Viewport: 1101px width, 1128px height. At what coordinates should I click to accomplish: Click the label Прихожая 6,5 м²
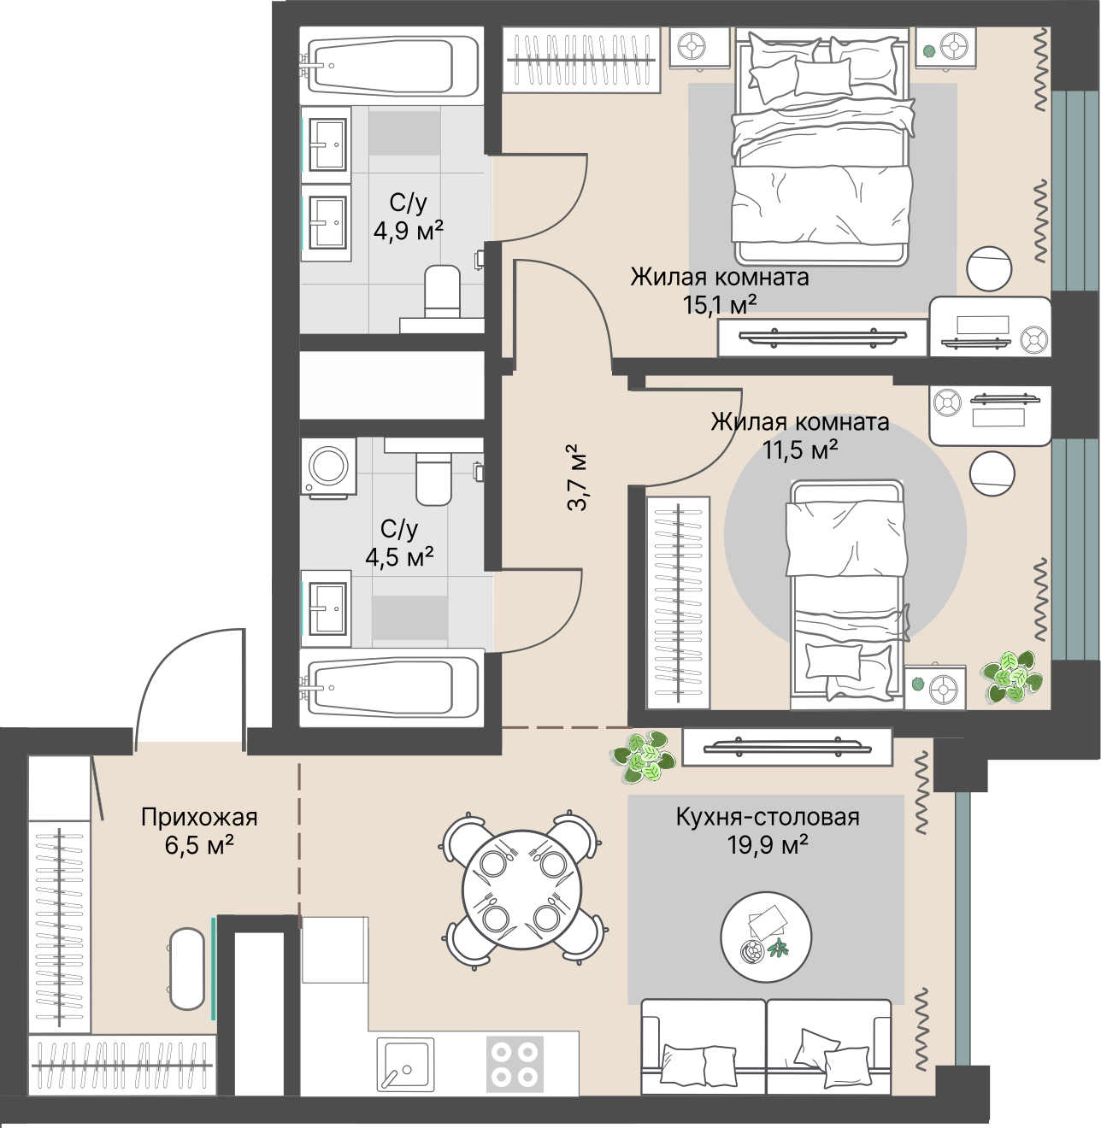click(199, 831)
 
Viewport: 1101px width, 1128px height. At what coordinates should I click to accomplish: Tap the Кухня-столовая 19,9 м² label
click(768, 831)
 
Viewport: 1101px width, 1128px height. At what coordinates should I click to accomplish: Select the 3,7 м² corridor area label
click(577, 478)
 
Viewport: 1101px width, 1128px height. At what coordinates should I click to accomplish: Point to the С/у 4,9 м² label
click(408, 217)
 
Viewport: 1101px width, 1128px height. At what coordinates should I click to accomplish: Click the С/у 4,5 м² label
click(399, 543)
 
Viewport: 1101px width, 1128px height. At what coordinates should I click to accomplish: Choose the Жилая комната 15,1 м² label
click(720, 290)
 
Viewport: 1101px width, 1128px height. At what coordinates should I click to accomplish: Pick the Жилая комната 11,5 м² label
click(800, 435)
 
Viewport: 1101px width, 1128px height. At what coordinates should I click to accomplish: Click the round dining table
click(521, 890)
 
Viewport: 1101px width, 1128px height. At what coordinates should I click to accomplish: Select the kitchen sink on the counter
click(405, 1064)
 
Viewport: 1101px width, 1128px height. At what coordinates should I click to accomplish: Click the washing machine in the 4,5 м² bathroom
click(329, 467)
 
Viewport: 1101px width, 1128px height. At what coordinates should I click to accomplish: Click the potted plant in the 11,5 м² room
click(1013, 677)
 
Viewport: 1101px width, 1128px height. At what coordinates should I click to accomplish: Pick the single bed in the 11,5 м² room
click(847, 594)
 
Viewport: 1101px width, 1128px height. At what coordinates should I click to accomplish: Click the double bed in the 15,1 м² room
click(822, 147)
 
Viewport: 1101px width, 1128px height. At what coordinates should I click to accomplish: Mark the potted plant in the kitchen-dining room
click(643, 757)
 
